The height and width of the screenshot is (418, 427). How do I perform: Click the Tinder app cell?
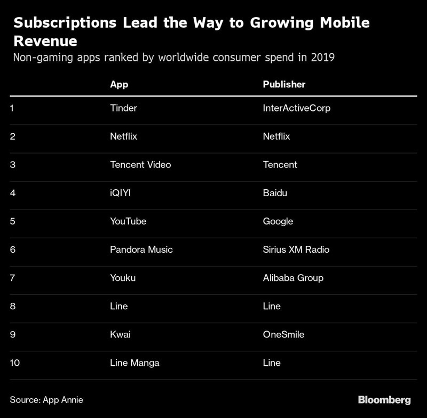coord(123,108)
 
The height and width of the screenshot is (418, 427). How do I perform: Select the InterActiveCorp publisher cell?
coord(297,108)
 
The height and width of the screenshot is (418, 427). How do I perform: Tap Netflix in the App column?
coord(123,136)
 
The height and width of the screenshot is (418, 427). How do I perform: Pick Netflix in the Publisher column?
coord(276,136)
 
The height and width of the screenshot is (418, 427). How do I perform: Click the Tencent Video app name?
coord(140,165)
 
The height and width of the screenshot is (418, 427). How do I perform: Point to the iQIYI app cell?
coord(120,193)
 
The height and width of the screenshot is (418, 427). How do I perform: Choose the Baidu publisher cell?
coord(275,193)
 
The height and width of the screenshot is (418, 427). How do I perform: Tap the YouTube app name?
coord(128,221)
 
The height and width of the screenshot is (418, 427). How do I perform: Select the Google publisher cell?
coord(278,221)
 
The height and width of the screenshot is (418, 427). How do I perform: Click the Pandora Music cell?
coord(141,250)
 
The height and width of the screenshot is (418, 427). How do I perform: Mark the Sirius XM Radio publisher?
coord(296,250)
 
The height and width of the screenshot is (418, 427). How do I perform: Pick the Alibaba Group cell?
coord(293,278)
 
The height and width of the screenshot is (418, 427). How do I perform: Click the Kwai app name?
coord(120,334)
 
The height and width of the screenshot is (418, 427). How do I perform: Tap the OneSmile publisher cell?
coord(284,334)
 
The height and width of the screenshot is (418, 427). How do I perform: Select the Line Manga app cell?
coord(135,363)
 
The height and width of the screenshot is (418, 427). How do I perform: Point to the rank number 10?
coord(15,363)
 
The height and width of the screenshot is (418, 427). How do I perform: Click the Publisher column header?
coord(284,84)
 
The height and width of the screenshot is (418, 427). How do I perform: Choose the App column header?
coord(119,84)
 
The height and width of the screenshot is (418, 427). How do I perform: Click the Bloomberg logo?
coord(384,399)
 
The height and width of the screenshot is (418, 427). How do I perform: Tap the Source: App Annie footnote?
coord(46,399)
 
